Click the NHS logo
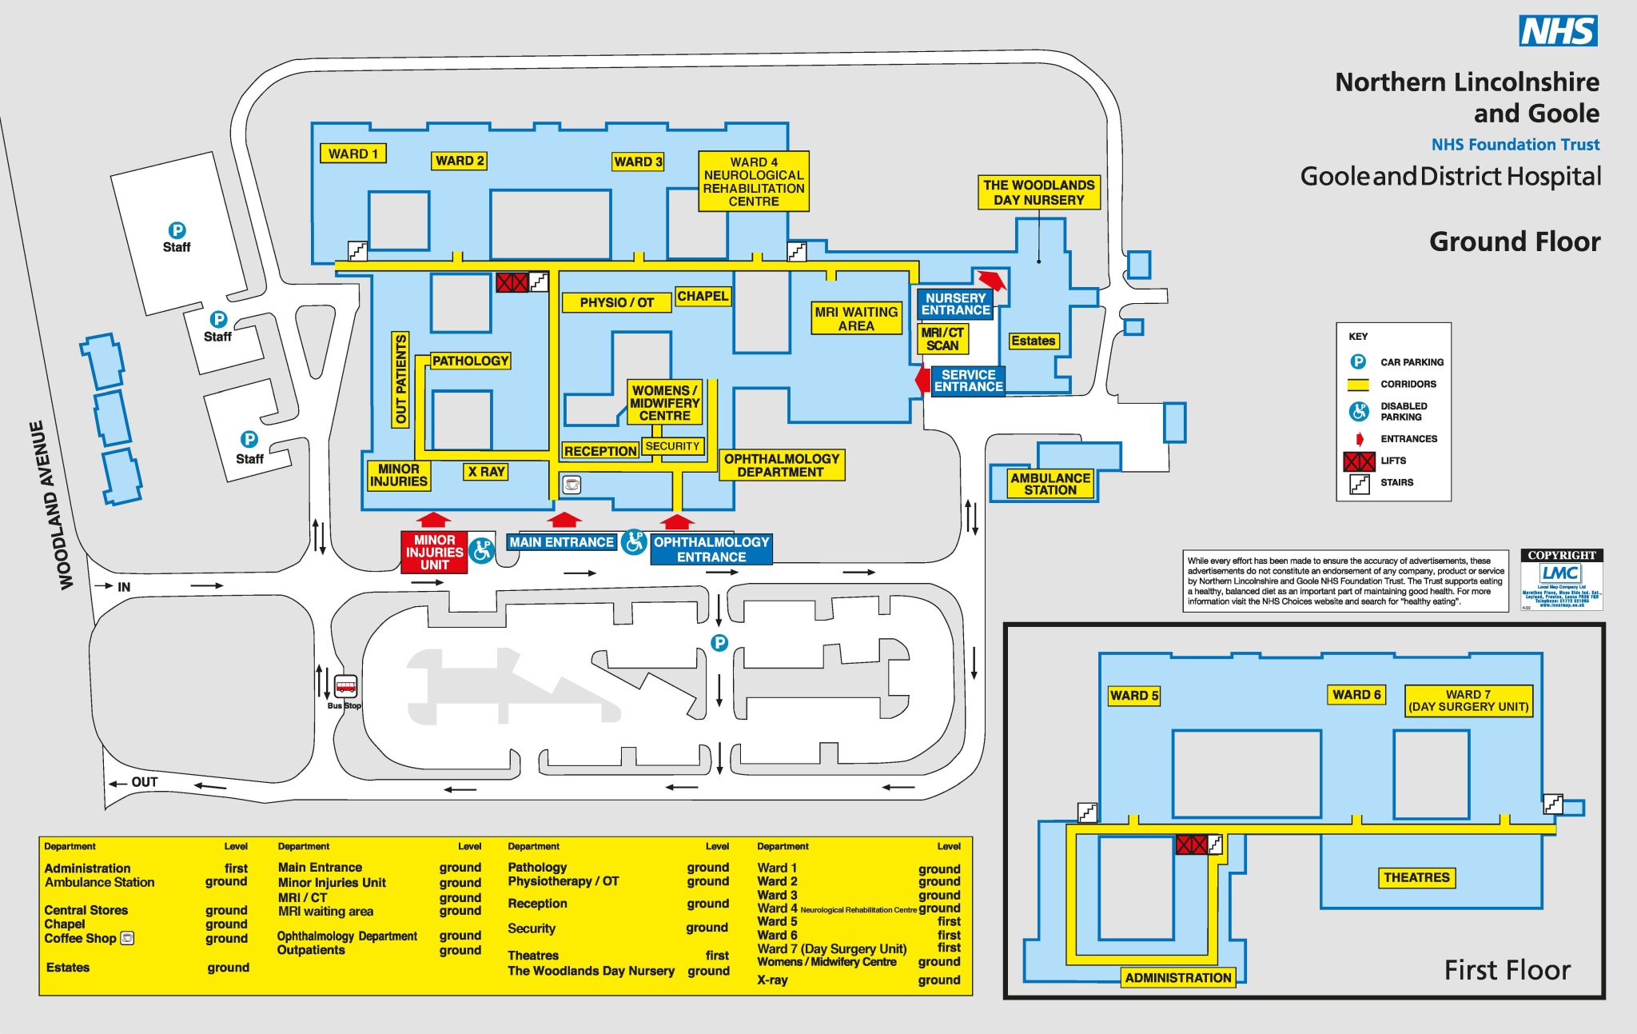coord(1557,31)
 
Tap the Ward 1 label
coord(352,154)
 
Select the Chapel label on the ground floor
coord(703,296)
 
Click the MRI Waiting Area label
coord(856,318)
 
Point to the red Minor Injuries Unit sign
coord(434,552)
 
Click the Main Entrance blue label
coord(561,542)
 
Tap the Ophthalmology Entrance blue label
coord(711,549)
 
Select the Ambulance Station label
coord(1050,484)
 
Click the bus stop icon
coord(345,686)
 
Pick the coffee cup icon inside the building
coord(572,484)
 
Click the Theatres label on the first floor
coord(1416,877)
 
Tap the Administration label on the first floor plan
coord(1177,977)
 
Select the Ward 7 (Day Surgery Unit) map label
coord(1468,701)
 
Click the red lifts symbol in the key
coord(1359,461)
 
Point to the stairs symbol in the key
coord(1359,483)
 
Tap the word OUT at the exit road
coord(145,782)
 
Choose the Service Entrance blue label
coord(968,381)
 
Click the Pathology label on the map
coord(470,361)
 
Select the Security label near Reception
coord(672,445)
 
